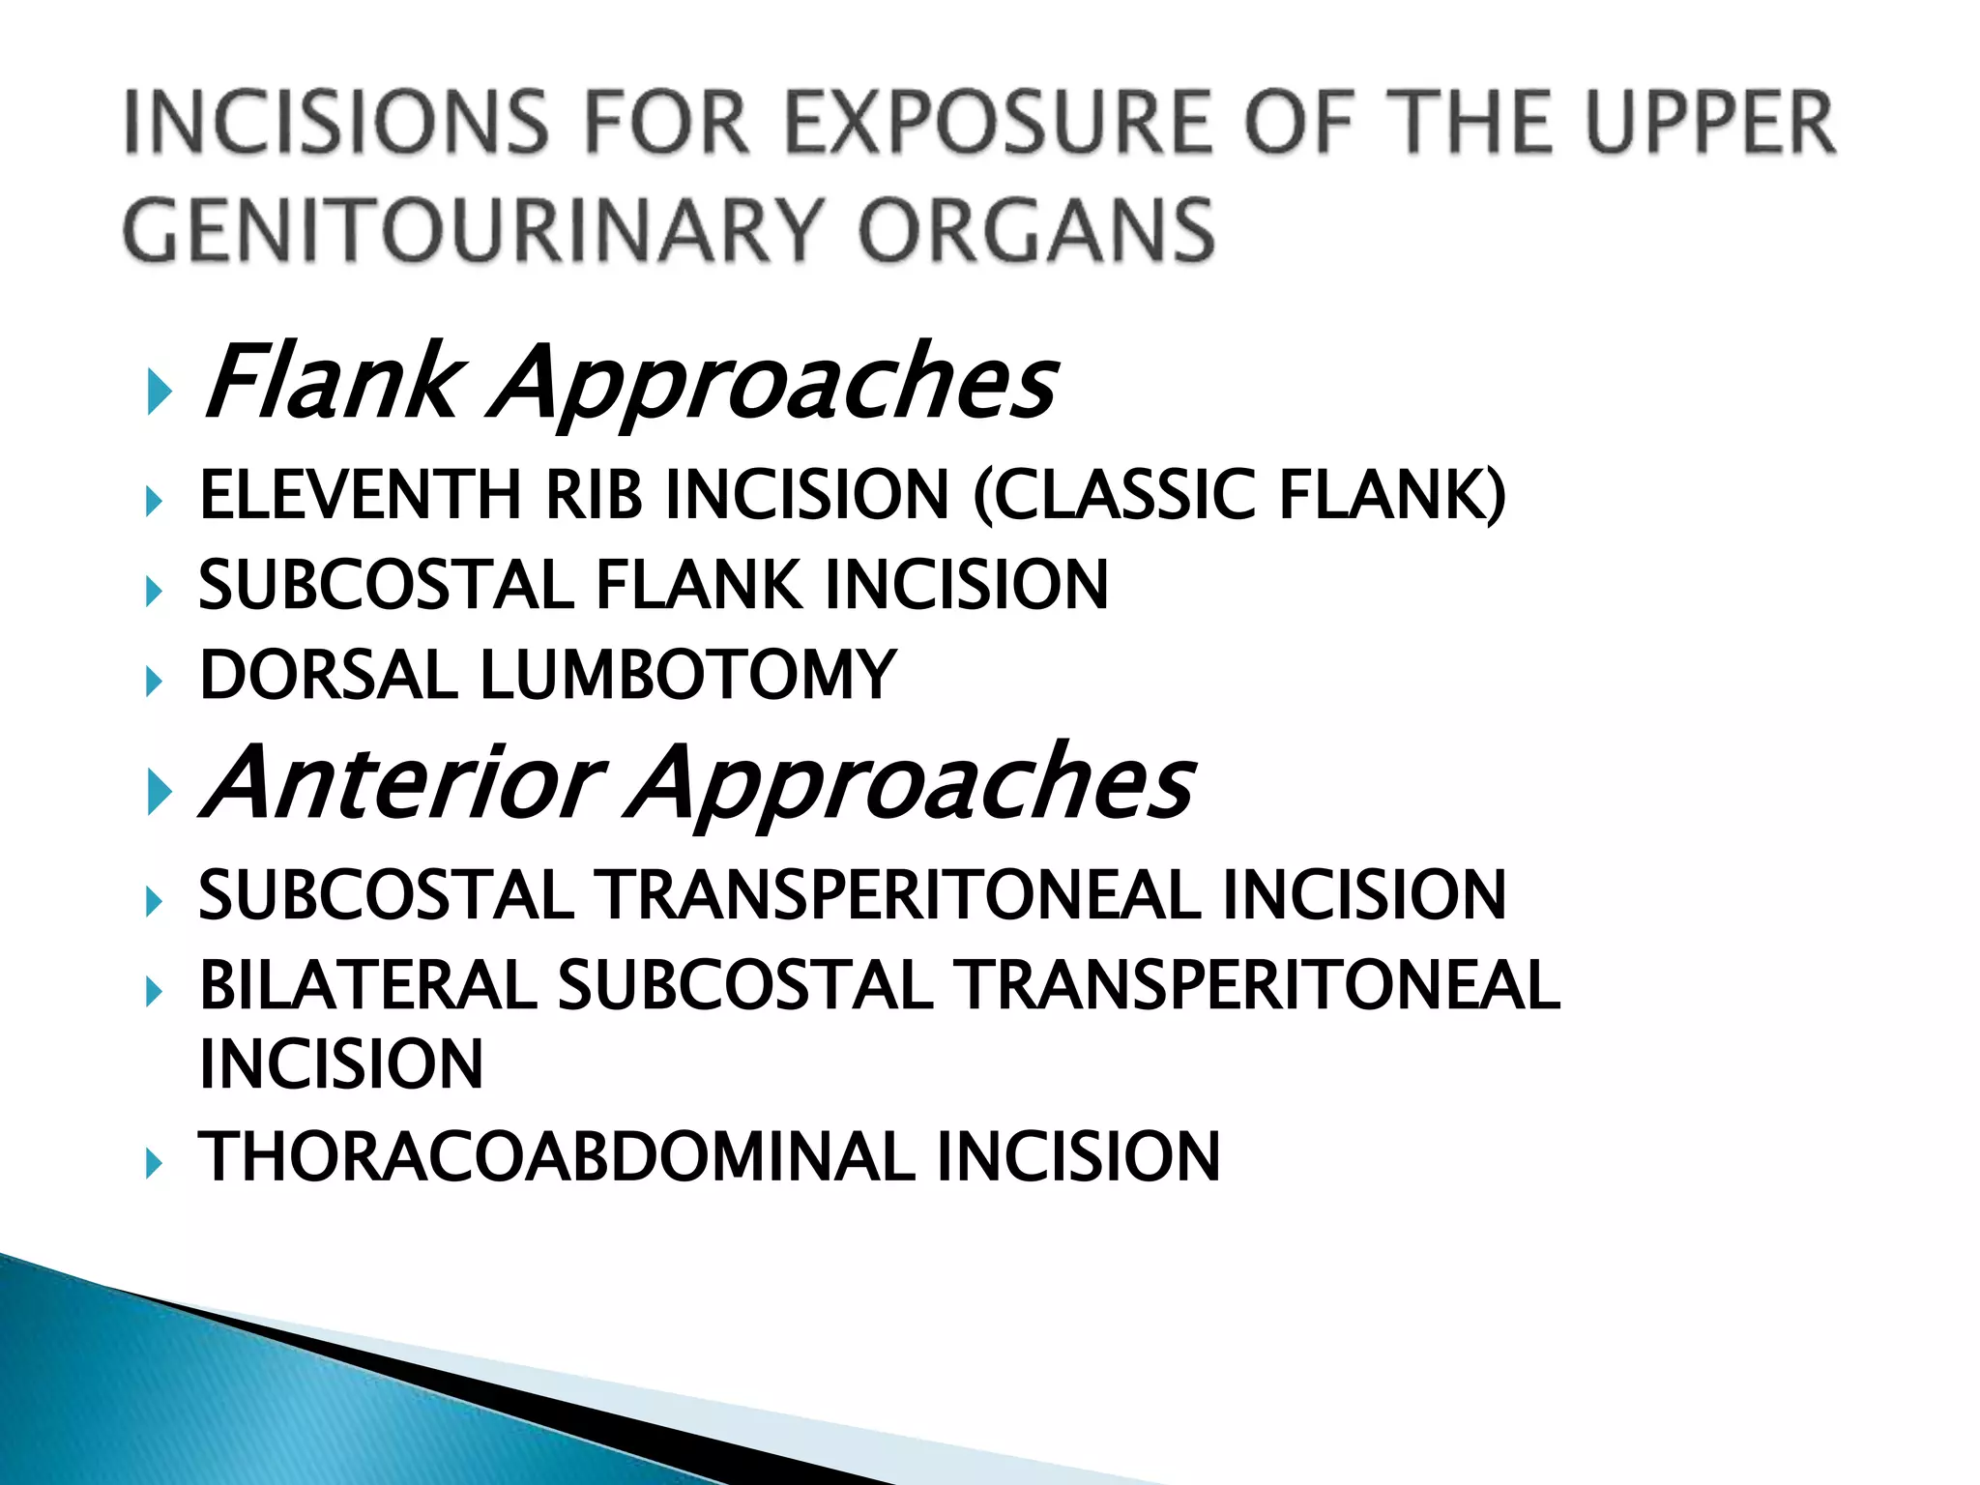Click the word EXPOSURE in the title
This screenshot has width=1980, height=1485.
pos(997,123)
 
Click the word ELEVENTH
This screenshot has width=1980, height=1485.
pos(361,495)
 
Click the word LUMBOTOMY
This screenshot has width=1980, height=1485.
pos(687,675)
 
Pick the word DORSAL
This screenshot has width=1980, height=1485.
pos(328,675)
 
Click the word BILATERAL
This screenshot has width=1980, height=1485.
pos(367,986)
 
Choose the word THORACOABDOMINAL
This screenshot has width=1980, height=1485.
pos(556,1157)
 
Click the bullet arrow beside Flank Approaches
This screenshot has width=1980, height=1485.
pos(159,392)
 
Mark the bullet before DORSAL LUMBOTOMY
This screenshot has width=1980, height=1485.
pos(153,682)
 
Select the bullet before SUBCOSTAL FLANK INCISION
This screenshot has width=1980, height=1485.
pos(153,591)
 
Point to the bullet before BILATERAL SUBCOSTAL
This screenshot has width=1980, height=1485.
pos(153,991)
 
